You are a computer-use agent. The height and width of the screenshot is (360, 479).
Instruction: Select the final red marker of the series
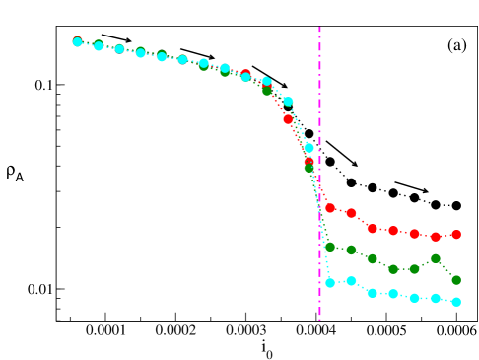pos(456,235)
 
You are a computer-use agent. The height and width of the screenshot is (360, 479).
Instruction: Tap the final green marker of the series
pos(456,280)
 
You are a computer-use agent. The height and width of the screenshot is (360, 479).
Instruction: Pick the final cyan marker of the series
pos(456,302)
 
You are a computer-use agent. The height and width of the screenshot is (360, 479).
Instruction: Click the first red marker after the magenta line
pos(330,208)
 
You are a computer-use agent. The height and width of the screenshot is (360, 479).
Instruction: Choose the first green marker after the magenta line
pos(330,247)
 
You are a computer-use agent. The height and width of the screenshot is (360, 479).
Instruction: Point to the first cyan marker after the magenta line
pos(330,283)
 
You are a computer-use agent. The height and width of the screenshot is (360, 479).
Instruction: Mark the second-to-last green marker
pos(436,258)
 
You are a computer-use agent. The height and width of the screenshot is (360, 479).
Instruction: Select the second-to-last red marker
pos(436,237)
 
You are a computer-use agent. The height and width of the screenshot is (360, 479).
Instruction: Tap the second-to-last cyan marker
pos(436,298)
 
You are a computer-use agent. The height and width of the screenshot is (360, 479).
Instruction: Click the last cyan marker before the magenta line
pos(308,147)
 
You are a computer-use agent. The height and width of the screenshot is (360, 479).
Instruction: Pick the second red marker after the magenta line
pos(351,213)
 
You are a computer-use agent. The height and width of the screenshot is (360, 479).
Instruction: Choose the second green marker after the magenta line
pos(351,250)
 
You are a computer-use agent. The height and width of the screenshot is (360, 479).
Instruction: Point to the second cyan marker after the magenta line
pos(351,281)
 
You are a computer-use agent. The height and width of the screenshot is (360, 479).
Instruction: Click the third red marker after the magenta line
pos(372,228)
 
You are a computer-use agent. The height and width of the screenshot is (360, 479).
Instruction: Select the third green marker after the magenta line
pos(372,258)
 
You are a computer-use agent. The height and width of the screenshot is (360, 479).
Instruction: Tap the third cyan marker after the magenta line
pos(372,293)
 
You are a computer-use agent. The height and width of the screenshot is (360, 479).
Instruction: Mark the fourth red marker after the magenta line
pos(393,231)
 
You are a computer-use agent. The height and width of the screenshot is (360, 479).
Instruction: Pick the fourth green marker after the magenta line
pos(393,269)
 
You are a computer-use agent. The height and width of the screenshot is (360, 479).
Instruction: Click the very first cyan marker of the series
pos(78,42)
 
